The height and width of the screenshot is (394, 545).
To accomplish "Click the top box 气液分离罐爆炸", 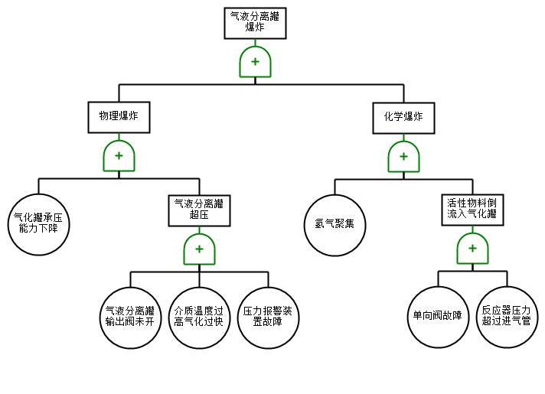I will pyautogui.click(x=256, y=23).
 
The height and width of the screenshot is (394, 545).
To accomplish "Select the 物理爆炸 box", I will pyautogui.click(x=119, y=117).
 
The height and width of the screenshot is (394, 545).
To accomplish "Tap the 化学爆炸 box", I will pyautogui.click(x=403, y=117).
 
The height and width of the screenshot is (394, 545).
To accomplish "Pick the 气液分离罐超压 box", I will pyautogui.click(x=199, y=209).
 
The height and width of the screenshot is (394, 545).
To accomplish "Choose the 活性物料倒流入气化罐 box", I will pyautogui.click(x=472, y=208).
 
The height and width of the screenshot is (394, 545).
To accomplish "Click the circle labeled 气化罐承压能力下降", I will pyautogui.click(x=38, y=223).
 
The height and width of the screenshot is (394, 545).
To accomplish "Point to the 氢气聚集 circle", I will pyautogui.click(x=335, y=224).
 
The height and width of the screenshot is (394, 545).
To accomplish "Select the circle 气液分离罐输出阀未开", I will pyautogui.click(x=130, y=317).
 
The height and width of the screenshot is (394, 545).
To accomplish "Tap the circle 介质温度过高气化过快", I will pyautogui.click(x=199, y=317).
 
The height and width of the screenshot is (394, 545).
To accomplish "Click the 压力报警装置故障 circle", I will pyautogui.click(x=267, y=317).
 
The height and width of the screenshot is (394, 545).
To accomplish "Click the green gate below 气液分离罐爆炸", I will pyautogui.click(x=256, y=62).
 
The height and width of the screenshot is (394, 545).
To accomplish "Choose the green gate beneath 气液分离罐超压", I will pyautogui.click(x=199, y=249).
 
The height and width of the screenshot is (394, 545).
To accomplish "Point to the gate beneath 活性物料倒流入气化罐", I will pyautogui.click(x=472, y=249).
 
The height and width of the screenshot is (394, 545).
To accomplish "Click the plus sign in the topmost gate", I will pyautogui.click(x=256, y=62).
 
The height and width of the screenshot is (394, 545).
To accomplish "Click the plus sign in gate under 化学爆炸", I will pyautogui.click(x=403, y=156).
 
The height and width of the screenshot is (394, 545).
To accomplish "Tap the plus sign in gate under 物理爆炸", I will pyautogui.click(x=119, y=156).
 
